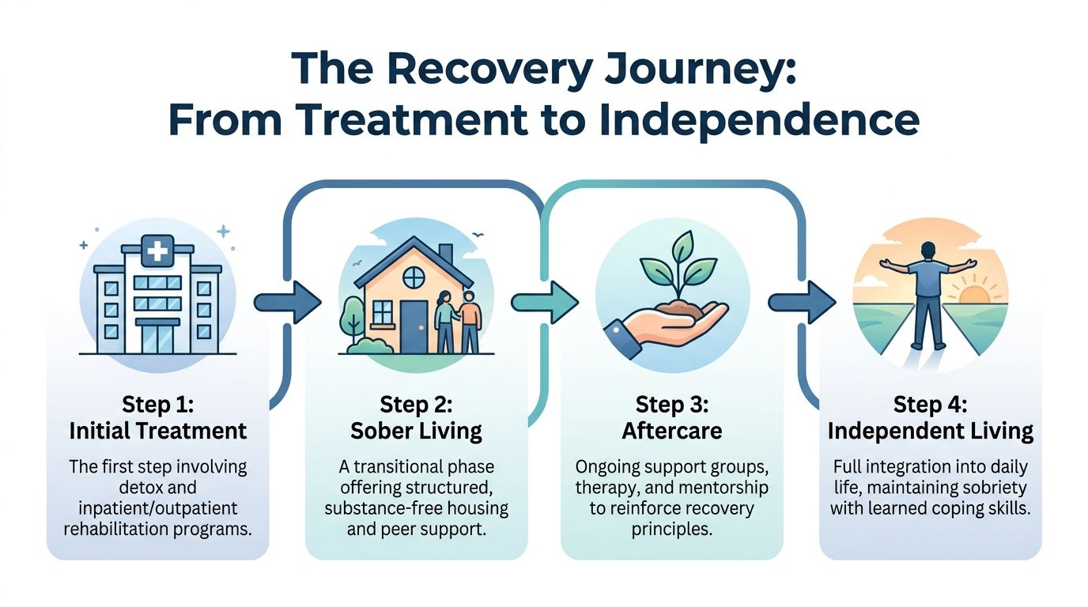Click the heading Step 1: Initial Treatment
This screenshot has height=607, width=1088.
pyautogui.click(x=158, y=418)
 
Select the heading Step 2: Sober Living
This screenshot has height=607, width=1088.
pyautogui.click(x=416, y=418)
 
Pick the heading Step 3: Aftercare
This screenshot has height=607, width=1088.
pyautogui.click(x=671, y=418)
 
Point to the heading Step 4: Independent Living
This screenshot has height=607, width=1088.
pyautogui.click(x=930, y=418)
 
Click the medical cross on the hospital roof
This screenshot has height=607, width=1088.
pyautogui.click(x=158, y=252)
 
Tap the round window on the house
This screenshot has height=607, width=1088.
pyautogui.click(x=414, y=277)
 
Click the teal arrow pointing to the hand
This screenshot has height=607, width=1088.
pyautogui.click(x=545, y=302)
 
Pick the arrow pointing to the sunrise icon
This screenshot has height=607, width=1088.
pyautogui.click(x=802, y=302)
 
